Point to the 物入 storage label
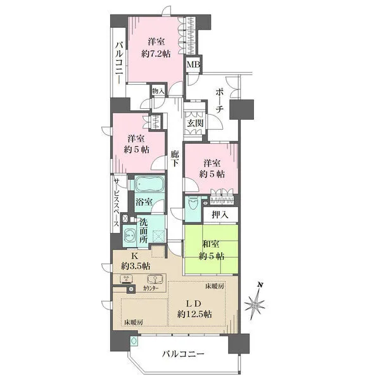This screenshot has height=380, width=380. click(158, 92)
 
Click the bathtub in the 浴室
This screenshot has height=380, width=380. click(149, 186)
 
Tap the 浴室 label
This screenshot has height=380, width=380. click(144, 203)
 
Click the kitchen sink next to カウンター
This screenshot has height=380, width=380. click(153, 279)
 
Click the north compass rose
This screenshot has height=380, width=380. click(256, 306)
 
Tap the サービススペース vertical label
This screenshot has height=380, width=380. click(117, 204)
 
